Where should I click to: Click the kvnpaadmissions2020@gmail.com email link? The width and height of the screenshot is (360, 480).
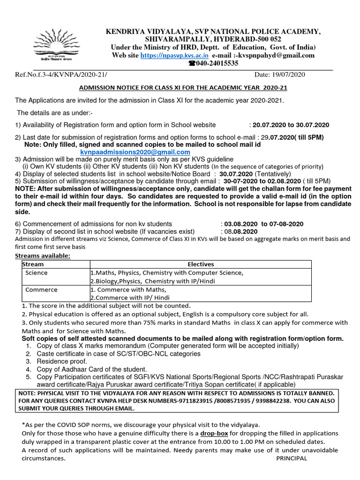[x=128, y=152]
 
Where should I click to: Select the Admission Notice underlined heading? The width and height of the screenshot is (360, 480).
[x=183, y=88]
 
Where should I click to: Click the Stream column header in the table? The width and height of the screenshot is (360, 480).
[x=33, y=264]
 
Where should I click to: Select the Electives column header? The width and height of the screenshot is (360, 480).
[x=200, y=264]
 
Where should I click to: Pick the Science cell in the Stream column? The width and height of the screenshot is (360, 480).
[x=37, y=273]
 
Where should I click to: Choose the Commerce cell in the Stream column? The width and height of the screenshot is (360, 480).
[x=41, y=290]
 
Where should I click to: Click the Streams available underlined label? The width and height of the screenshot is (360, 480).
[x=43, y=256]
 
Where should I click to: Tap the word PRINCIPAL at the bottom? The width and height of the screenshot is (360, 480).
[x=292, y=458]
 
